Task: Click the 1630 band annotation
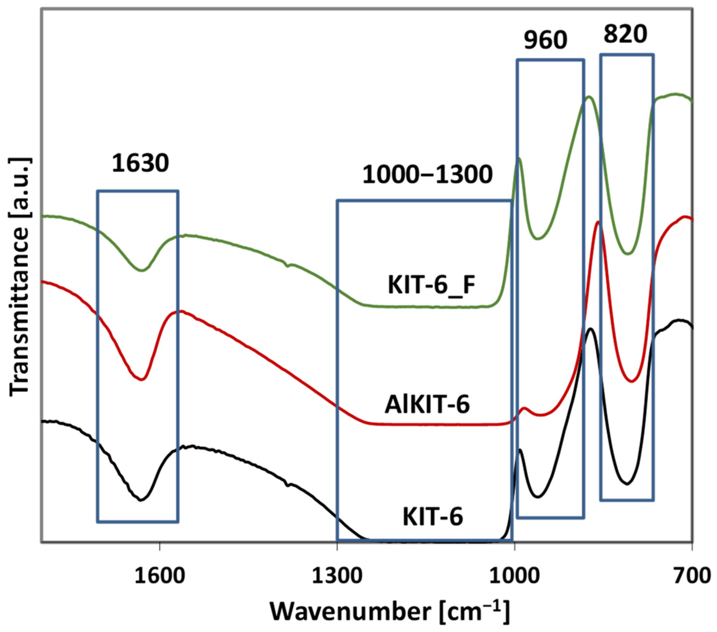[x=140, y=164]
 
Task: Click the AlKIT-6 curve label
[x=427, y=405]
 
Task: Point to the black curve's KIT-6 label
[x=433, y=517]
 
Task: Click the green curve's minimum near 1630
[x=141, y=270]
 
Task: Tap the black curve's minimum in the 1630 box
[x=141, y=500]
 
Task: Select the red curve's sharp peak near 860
[x=598, y=222]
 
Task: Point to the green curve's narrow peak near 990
[x=519, y=158]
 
